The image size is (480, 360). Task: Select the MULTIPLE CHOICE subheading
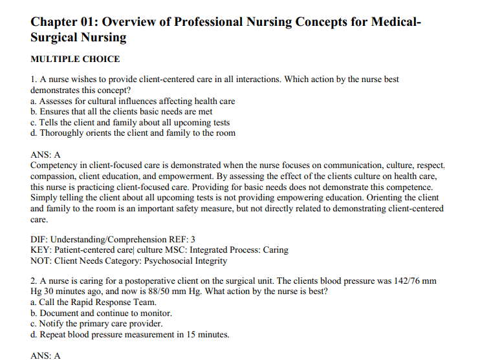(x=75, y=59)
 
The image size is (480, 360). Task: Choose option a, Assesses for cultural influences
(x=133, y=101)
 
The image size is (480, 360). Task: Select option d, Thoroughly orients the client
(x=133, y=133)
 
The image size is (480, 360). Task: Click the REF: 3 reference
(x=182, y=240)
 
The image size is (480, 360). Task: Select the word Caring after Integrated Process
(x=275, y=250)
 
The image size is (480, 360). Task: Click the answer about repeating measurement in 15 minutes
(x=129, y=334)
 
